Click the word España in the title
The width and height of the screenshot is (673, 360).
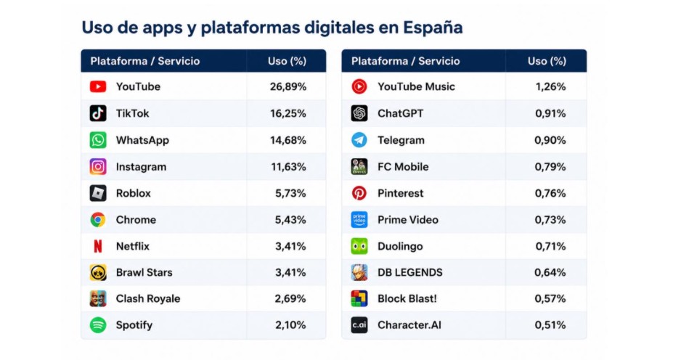[433, 28]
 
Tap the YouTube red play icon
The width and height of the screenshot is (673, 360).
[98, 86]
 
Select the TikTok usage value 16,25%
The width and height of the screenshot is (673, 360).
[288, 113]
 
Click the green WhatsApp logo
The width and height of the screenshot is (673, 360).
[98, 140]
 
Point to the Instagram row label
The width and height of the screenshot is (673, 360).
[141, 167]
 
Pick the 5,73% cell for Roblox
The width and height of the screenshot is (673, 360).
[290, 194]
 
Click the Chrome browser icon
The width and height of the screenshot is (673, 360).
[98, 220]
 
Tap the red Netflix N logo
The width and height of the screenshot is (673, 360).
[98, 246]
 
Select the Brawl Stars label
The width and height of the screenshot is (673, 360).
[144, 272]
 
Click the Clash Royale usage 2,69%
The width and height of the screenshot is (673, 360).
[290, 298]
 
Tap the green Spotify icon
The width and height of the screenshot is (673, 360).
[98, 325]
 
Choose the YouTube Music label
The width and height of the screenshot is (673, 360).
[416, 86]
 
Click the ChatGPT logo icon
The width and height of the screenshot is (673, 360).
[359, 113]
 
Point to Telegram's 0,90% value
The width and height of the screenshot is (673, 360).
[550, 140]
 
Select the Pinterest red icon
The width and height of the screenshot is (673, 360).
[359, 194]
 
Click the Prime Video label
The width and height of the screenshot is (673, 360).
[408, 220]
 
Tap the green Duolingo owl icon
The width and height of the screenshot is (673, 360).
[359, 246]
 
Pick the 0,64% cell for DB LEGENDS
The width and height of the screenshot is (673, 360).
[550, 272]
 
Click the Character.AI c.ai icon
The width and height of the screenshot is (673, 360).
[359, 325]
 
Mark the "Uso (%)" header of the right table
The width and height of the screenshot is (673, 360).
[547, 61]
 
